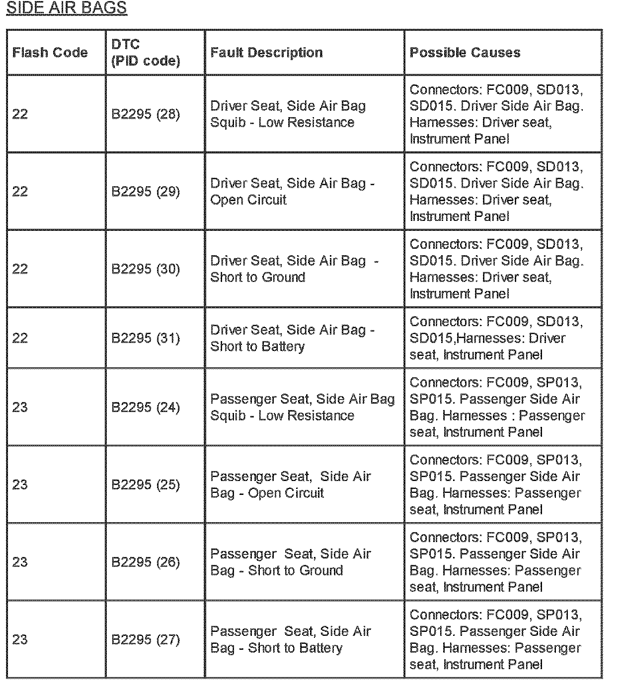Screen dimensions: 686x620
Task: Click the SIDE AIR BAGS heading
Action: pos(66,8)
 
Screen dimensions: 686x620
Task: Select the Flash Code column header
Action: pos(50,53)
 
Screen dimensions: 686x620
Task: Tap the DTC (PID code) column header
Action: pos(146,53)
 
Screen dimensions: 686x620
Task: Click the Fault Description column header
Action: pos(266,53)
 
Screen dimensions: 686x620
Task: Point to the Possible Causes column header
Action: pos(465,53)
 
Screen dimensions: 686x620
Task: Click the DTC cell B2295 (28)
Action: pos(146,114)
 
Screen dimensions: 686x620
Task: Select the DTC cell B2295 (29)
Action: pos(146,192)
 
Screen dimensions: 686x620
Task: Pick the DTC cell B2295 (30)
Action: pos(146,269)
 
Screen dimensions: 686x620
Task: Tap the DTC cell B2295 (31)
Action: pos(146,339)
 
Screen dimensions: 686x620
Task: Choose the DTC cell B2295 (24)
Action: pos(146,408)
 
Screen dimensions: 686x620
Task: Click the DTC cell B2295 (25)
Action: pos(146,485)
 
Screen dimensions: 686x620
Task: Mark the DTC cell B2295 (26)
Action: pos(146,562)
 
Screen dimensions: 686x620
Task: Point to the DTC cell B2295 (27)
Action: pos(146,640)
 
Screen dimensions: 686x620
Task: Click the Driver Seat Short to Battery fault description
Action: pos(292,338)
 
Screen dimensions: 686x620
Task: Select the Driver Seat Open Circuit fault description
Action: pos(292,192)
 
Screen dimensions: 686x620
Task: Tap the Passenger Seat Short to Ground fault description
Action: pos(290,562)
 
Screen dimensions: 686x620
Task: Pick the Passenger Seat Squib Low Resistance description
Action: pos(302,407)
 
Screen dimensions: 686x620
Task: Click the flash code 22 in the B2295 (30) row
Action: pos(20,269)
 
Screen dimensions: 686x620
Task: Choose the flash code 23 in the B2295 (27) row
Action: pos(20,640)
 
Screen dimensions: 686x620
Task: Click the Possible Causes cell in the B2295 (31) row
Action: pos(496,338)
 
